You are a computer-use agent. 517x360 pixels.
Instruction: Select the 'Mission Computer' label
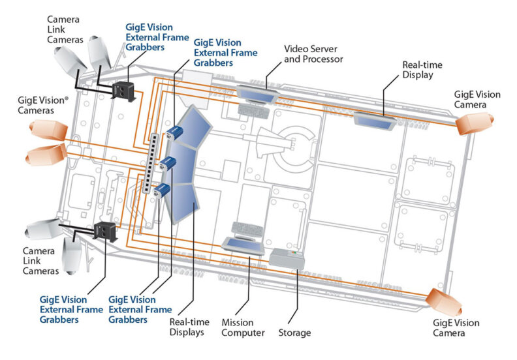243,327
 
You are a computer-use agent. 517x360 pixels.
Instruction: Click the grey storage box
287,257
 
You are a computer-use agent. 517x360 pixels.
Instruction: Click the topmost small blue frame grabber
174,133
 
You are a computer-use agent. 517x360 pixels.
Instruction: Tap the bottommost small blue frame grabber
163,190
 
